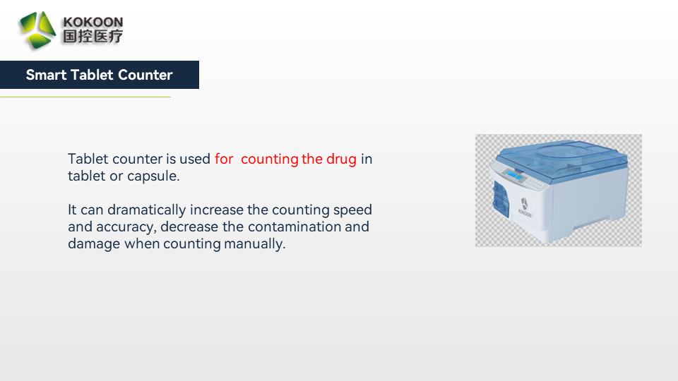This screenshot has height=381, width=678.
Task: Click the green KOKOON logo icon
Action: [x=37, y=30]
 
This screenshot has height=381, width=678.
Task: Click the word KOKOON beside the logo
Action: [x=93, y=22]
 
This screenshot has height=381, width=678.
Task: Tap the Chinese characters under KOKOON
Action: [x=93, y=36]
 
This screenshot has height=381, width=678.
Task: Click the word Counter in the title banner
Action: [x=145, y=75]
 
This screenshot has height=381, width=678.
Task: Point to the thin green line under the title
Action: [x=85, y=97]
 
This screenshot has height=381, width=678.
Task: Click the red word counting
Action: [x=269, y=159]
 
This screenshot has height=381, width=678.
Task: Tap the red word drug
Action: [x=341, y=159]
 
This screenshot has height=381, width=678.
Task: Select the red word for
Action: [x=224, y=159]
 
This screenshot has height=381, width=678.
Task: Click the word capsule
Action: [x=153, y=176]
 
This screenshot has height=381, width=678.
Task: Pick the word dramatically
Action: [x=147, y=210]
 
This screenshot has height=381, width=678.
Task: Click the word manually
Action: [x=255, y=244]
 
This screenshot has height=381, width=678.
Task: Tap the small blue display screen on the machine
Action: [x=514, y=174]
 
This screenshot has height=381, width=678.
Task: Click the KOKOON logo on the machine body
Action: [x=525, y=207]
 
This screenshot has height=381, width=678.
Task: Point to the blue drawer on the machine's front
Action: [x=500, y=200]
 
